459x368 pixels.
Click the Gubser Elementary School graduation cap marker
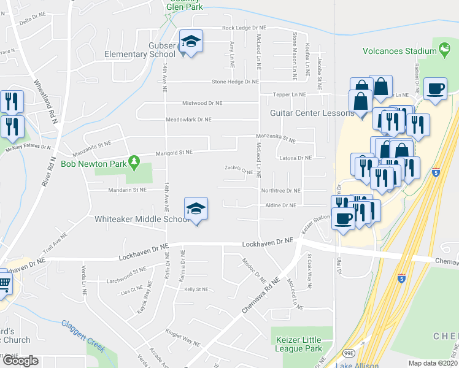tap(191, 42)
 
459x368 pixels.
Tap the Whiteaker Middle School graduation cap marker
tap(196, 210)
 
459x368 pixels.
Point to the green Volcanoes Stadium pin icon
tap(444, 51)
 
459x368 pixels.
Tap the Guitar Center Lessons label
tap(312, 113)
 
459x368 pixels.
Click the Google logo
tap(20, 361)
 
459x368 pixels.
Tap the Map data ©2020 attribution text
tap(433, 363)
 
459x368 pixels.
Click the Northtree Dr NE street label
tap(280, 191)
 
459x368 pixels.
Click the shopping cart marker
tap(4, 284)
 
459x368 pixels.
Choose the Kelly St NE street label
tap(196, 289)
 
